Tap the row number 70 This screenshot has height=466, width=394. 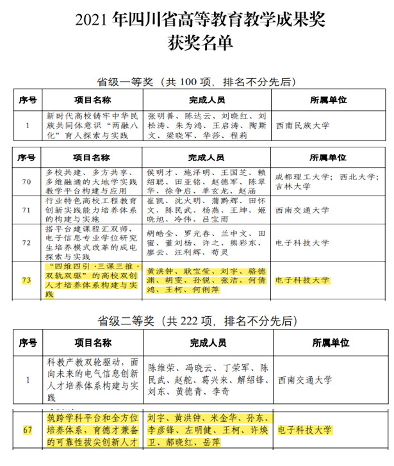click(27, 182)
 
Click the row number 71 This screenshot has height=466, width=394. click(27, 212)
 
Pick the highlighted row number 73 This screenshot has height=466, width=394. click(27, 280)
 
